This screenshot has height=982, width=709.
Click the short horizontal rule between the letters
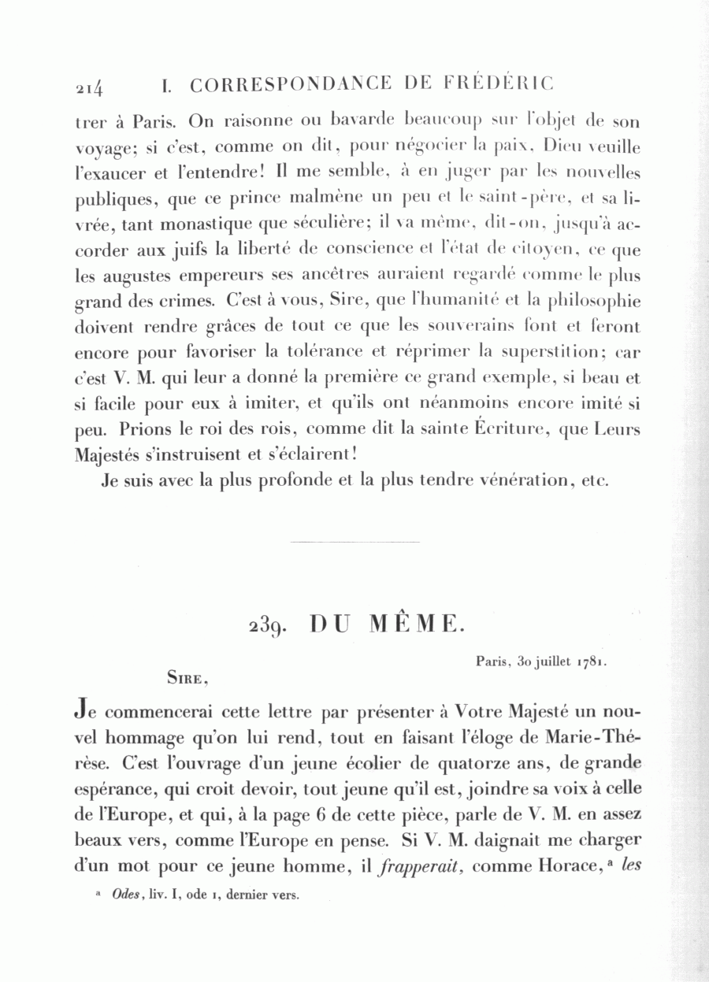pos(354,542)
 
